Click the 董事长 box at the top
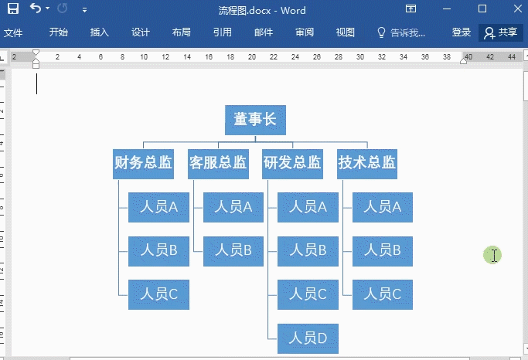tap(255, 120)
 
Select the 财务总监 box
tap(142, 164)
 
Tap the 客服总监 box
tap(218, 164)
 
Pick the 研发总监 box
tap(292, 164)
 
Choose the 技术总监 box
tap(367, 164)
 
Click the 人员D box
tap(308, 338)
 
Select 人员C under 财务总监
tap(158, 294)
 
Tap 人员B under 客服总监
tap(233, 250)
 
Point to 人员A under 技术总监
tap(383, 207)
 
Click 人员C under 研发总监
tap(308, 294)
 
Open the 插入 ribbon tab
tap(100, 32)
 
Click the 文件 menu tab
tap(13, 32)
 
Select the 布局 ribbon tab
tap(182, 32)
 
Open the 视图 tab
tap(346, 32)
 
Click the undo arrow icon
tap(36, 9)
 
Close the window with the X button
tap(512, 9)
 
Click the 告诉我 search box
tap(401, 32)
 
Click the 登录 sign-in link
tap(462, 32)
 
